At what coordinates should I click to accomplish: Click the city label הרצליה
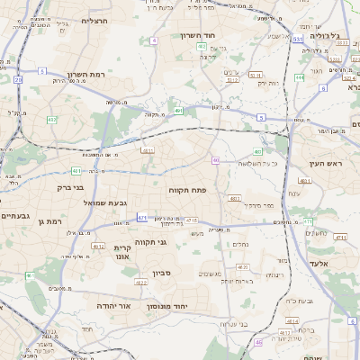[94, 20]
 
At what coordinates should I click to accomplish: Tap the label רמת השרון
[86, 75]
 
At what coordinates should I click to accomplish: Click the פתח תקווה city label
[187, 191]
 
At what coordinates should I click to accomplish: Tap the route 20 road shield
[18, 79]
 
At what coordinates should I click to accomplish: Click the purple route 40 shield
[216, 160]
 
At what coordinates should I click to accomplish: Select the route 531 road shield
[298, 40]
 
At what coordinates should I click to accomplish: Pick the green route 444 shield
[300, 77]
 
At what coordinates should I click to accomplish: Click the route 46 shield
[259, 342]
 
